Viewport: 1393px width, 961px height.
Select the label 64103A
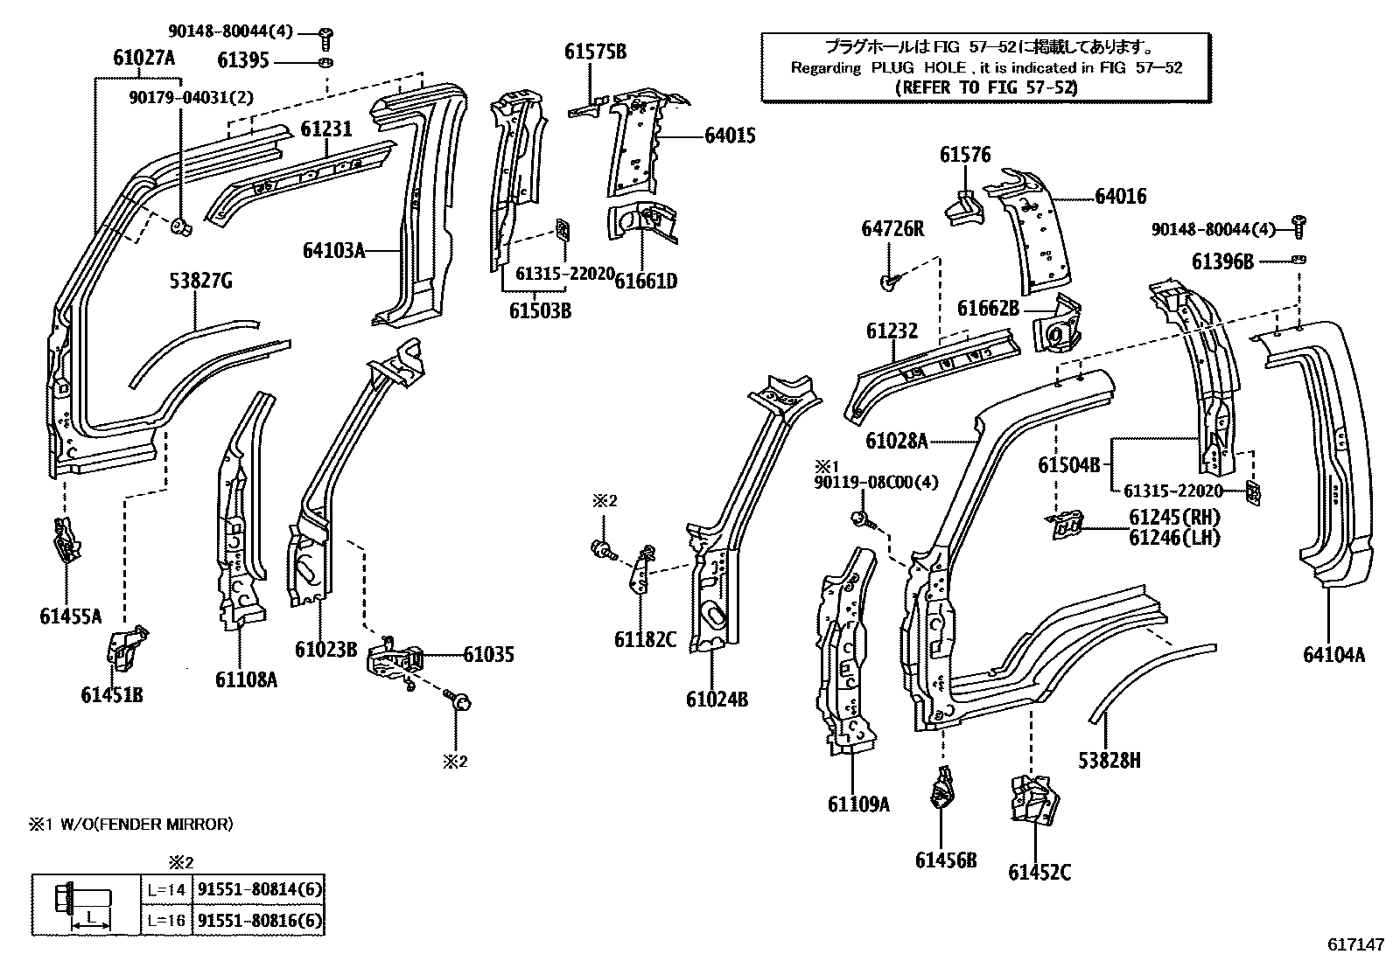pos(332,250)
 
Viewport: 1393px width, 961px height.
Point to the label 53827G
pos(200,281)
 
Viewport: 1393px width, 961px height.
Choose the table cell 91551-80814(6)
pos(260,890)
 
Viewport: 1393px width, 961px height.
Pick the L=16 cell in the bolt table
pos(165,920)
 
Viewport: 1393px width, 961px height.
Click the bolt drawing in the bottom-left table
pos(86,904)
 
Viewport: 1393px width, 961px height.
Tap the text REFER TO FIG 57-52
pos(986,87)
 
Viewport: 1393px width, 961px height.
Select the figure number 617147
pos(1355,945)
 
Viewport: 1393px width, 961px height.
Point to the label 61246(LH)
pos(1173,538)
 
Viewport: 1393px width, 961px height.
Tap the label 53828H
pos(1109,760)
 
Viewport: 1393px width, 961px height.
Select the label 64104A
pos(1333,654)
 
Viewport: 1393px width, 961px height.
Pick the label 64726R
pos(892,228)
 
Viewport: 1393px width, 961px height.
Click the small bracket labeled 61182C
pos(642,568)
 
